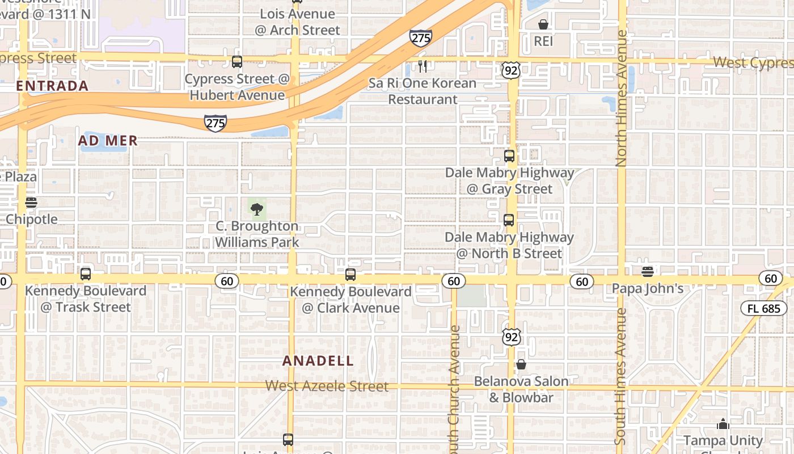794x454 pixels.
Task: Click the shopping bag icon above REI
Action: pyautogui.click(x=543, y=24)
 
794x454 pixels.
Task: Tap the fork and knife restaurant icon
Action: pyautogui.click(x=423, y=66)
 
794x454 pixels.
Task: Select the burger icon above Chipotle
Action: pyautogui.click(x=31, y=203)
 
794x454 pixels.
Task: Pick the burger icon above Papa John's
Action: pyautogui.click(x=647, y=271)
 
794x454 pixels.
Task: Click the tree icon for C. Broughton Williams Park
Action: pyautogui.click(x=257, y=209)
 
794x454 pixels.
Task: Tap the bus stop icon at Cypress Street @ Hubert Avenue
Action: pyautogui.click(x=237, y=62)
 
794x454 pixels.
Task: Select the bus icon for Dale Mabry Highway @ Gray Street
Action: pyautogui.click(x=509, y=156)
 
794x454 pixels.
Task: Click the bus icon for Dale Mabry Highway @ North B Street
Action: pyautogui.click(x=509, y=220)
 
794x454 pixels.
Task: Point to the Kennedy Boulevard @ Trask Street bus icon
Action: pyautogui.click(x=86, y=274)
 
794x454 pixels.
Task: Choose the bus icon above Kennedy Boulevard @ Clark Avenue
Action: pyautogui.click(x=350, y=275)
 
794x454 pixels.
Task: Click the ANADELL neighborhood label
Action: pyautogui.click(x=318, y=361)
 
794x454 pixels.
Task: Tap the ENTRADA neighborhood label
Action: pyautogui.click(x=52, y=86)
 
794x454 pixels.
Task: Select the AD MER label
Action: pyautogui.click(x=108, y=141)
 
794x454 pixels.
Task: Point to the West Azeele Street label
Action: pyautogui.click(x=327, y=386)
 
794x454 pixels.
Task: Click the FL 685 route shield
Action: pyautogui.click(x=764, y=309)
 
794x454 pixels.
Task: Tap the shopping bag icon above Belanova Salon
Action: pyautogui.click(x=521, y=364)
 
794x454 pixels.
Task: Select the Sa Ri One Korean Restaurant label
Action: pyautogui.click(x=423, y=91)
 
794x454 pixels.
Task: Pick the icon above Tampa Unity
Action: pyautogui.click(x=723, y=424)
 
